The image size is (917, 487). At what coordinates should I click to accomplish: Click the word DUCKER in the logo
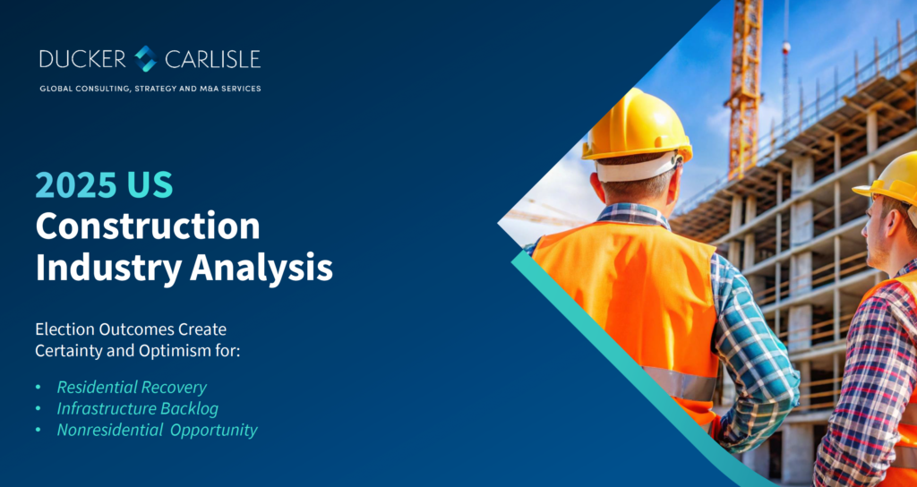click(82, 59)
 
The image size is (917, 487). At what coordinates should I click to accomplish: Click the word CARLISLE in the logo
click(213, 59)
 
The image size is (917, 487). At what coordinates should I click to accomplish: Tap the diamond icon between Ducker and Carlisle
click(145, 58)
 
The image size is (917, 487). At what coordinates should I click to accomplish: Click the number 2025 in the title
click(75, 185)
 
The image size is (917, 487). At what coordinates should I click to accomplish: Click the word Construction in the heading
click(148, 226)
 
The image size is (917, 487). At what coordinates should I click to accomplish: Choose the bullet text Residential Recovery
click(132, 387)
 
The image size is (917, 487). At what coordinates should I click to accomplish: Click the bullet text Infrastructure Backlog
click(137, 408)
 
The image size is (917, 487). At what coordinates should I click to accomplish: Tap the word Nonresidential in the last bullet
click(107, 431)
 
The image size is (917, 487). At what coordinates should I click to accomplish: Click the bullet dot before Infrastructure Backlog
click(38, 409)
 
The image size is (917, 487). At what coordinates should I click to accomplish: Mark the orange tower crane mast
click(742, 88)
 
